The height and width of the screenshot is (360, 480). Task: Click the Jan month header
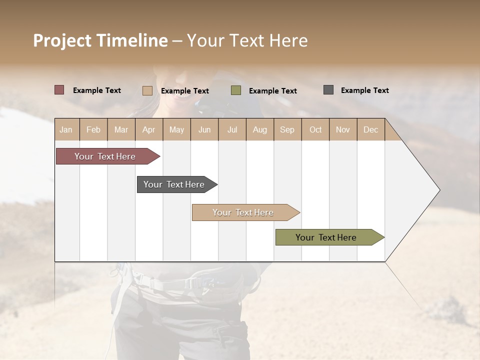(66, 129)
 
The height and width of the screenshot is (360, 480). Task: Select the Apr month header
(148, 129)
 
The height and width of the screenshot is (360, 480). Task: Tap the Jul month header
(232, 129)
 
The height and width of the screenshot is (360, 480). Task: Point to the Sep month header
(287, 129)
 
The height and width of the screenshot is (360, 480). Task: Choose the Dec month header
(370, 129)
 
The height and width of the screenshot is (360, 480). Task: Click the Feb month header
(93, 129)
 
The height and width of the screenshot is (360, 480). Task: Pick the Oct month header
(315, 129)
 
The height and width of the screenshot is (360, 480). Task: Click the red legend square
(59, 90)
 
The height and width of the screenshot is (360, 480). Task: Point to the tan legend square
(147, 90)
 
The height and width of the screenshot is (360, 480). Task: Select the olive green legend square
(236, 90)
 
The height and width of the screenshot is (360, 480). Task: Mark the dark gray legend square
(328, 90)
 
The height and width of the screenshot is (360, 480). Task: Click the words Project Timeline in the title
(100, 40)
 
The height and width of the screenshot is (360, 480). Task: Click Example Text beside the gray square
(364, 90)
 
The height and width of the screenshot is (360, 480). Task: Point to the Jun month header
(204, 129)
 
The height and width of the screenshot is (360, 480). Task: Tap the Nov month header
(342, 129)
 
